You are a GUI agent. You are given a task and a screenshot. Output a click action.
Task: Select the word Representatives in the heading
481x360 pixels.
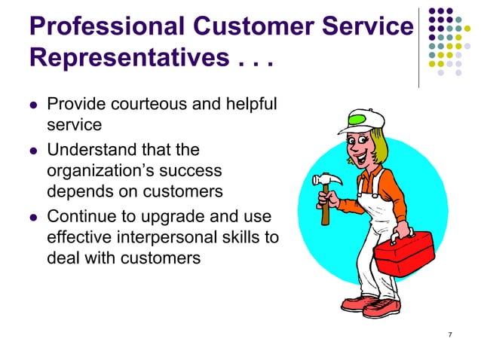tap(124, 58)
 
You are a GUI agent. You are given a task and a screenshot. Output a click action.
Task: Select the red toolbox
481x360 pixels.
tap(403, 253)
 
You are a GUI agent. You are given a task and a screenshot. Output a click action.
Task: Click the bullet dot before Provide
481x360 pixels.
tap(32, 104)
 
